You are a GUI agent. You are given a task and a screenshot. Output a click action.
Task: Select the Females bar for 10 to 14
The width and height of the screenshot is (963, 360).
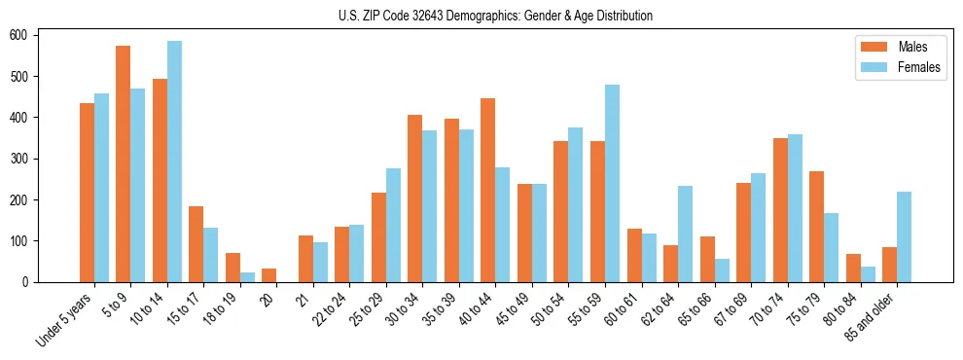[174, 162]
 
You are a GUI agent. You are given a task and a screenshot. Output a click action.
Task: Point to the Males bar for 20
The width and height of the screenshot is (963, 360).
[268, 275]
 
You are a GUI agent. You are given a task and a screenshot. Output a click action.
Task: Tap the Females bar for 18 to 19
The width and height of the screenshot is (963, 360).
[247, 277]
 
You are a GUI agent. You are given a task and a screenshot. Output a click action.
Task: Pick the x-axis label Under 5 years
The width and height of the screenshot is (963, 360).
[66, 322]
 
